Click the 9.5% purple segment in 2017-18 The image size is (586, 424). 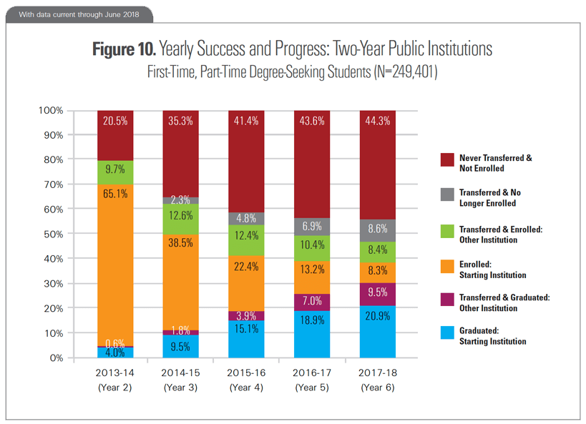pos(379,294)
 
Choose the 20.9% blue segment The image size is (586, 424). pos(379,332)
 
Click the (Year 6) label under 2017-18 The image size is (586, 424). pos(379,388)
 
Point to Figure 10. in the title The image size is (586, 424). pos(124,50)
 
